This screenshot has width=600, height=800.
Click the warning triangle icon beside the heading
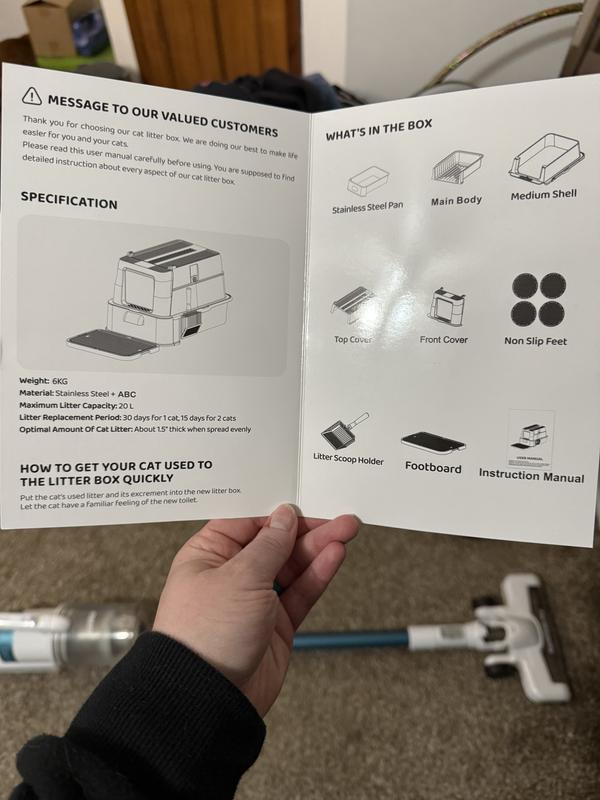[32, 95]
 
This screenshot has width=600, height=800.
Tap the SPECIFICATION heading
[69, 201]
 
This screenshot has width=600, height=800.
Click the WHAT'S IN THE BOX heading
[379, 130]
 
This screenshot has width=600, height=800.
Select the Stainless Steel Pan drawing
[368, 180]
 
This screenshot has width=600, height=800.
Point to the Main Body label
[456, 201]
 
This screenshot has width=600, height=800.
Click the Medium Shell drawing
[546, 158]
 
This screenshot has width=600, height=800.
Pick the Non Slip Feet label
[535, 341]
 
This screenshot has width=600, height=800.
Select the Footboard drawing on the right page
[433, 442]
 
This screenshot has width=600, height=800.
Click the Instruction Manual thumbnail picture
[531, 439]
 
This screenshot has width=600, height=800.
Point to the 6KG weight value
[60, 381]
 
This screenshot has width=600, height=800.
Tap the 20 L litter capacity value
[126, 406]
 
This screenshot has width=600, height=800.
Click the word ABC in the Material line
[127, 394]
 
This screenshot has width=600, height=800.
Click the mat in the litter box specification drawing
[111, 343]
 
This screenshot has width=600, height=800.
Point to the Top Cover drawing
[351, 304]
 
